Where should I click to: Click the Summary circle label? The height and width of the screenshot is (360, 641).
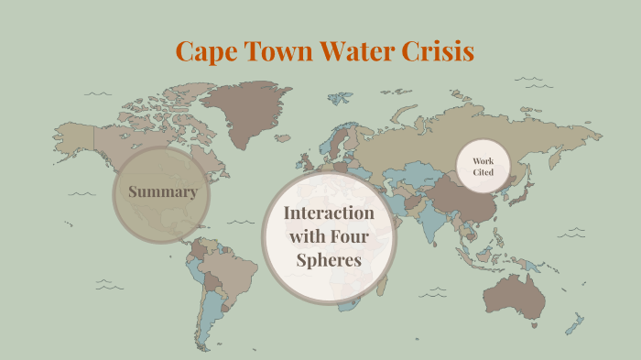coord(162,192)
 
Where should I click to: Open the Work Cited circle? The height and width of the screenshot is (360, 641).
coord(483,167)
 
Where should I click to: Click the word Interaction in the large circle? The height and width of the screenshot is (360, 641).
coord(329,213)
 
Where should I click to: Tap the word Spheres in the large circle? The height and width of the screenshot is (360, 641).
coord(329,260)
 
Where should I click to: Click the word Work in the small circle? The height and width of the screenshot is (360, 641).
coord(483,161)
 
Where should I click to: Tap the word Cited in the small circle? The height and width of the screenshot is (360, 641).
coord(483,173)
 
